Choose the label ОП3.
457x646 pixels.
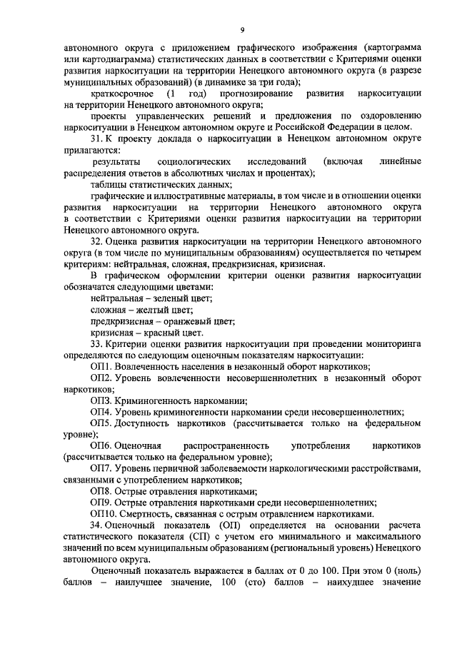point(101,400)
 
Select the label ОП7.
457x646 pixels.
point(101,468)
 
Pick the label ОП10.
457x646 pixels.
point(103,514)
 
